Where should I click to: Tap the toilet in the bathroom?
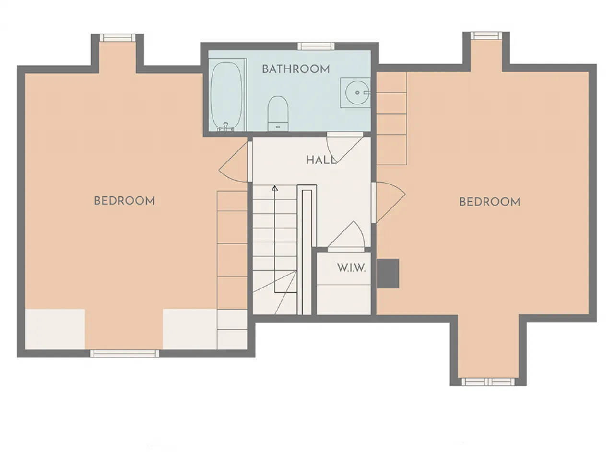point(278,114)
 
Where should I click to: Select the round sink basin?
point(357,92)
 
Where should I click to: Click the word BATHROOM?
point(295,69)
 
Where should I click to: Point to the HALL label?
point(321,160)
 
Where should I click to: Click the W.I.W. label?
point(351,268)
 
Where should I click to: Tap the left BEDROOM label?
point(124,201)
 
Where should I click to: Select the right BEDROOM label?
point(490,202)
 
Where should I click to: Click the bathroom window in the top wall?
point(316,46)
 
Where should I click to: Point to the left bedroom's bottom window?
point(124,354)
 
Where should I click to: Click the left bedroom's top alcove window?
point(118,38)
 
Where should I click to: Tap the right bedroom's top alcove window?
point(486,35)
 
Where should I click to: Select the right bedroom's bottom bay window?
point(488,381)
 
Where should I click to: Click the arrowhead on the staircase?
point(275,188)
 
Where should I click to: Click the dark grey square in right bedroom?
point(388,274)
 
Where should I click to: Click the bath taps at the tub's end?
point(226,127)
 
